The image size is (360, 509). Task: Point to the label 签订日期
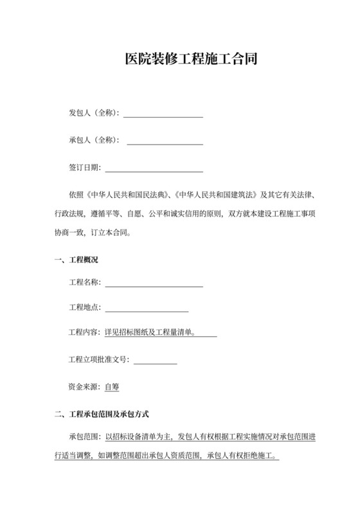[84, 168]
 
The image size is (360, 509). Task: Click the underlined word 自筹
[111, 387]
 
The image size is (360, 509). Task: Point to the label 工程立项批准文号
[98, 360]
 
